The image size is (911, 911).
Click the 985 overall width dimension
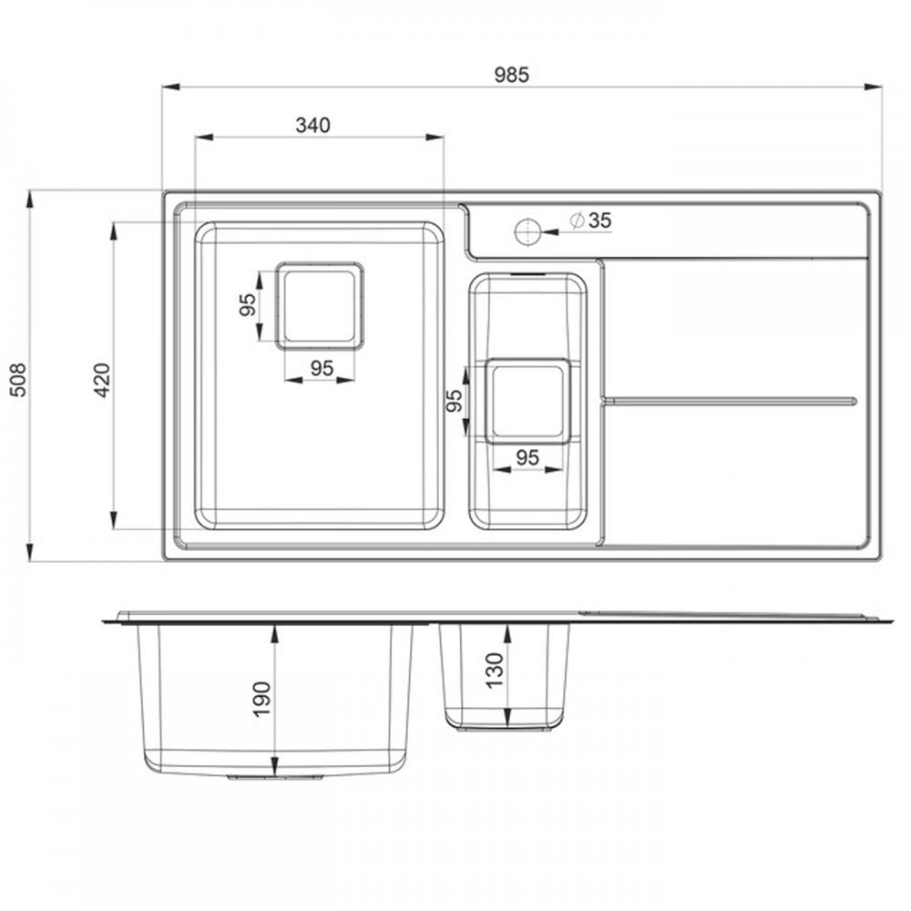click(511, 75)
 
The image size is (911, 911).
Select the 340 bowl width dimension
click(312, 125)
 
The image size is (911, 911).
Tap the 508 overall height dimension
click(18, 380)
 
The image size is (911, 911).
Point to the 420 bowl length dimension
click(102, 380)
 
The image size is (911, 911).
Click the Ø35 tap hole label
click(591, 220)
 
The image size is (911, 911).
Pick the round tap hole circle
click(527, 231)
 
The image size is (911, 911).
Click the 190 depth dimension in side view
click(262, 700)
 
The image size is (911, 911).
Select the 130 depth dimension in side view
click(494, 670)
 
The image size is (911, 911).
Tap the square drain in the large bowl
click(320, 306)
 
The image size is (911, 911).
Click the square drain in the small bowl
click(527, 402)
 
